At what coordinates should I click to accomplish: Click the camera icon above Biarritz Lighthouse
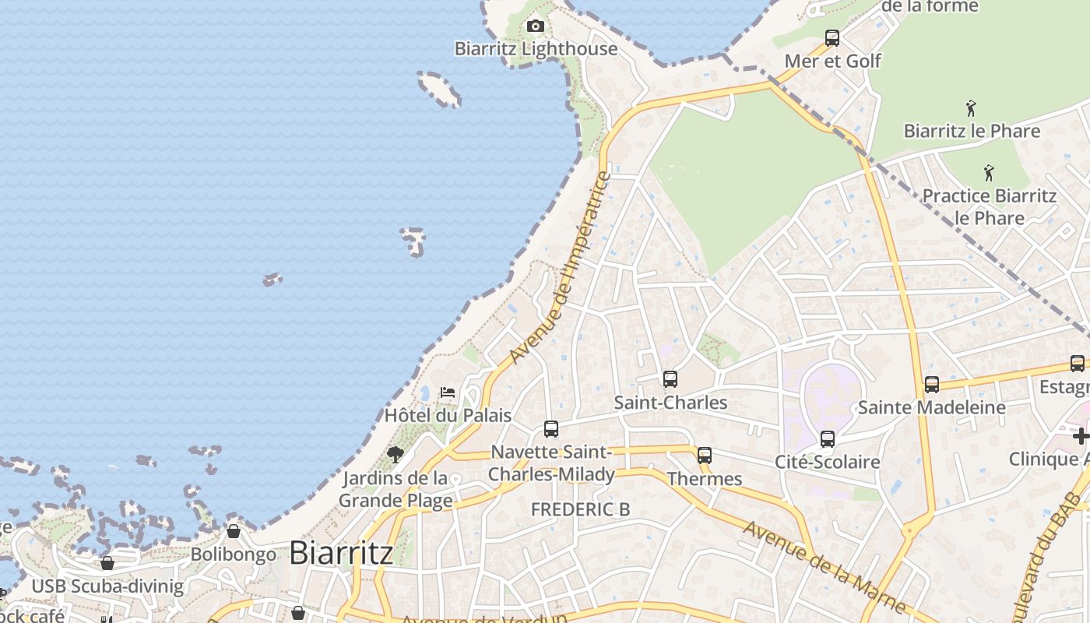[535, 26]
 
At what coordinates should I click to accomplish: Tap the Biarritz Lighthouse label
[536, 49]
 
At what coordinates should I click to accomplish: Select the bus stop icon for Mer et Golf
[832, 37]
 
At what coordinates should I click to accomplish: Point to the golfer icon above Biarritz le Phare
[971, 108]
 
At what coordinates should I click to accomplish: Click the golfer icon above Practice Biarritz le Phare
[989, 173]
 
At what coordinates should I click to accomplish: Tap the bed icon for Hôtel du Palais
[448, 392]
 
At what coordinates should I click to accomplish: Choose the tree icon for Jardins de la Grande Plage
[396, 454]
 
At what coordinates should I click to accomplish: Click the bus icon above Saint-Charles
[670, 379]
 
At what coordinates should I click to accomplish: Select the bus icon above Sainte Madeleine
[932, 384]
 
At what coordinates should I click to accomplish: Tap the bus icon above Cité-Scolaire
[828, 438]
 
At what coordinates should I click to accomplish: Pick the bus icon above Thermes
[705, 456]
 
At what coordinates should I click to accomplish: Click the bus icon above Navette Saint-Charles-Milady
[551, 428]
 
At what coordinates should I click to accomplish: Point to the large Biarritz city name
[341, 553]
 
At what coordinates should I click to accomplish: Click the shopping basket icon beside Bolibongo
[234, 531]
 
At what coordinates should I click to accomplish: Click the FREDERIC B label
[580, 509]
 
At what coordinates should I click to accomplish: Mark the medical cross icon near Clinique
[1081, 436]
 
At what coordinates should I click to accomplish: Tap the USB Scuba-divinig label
[108, 586]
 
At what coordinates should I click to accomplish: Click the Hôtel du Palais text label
[448, 415]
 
